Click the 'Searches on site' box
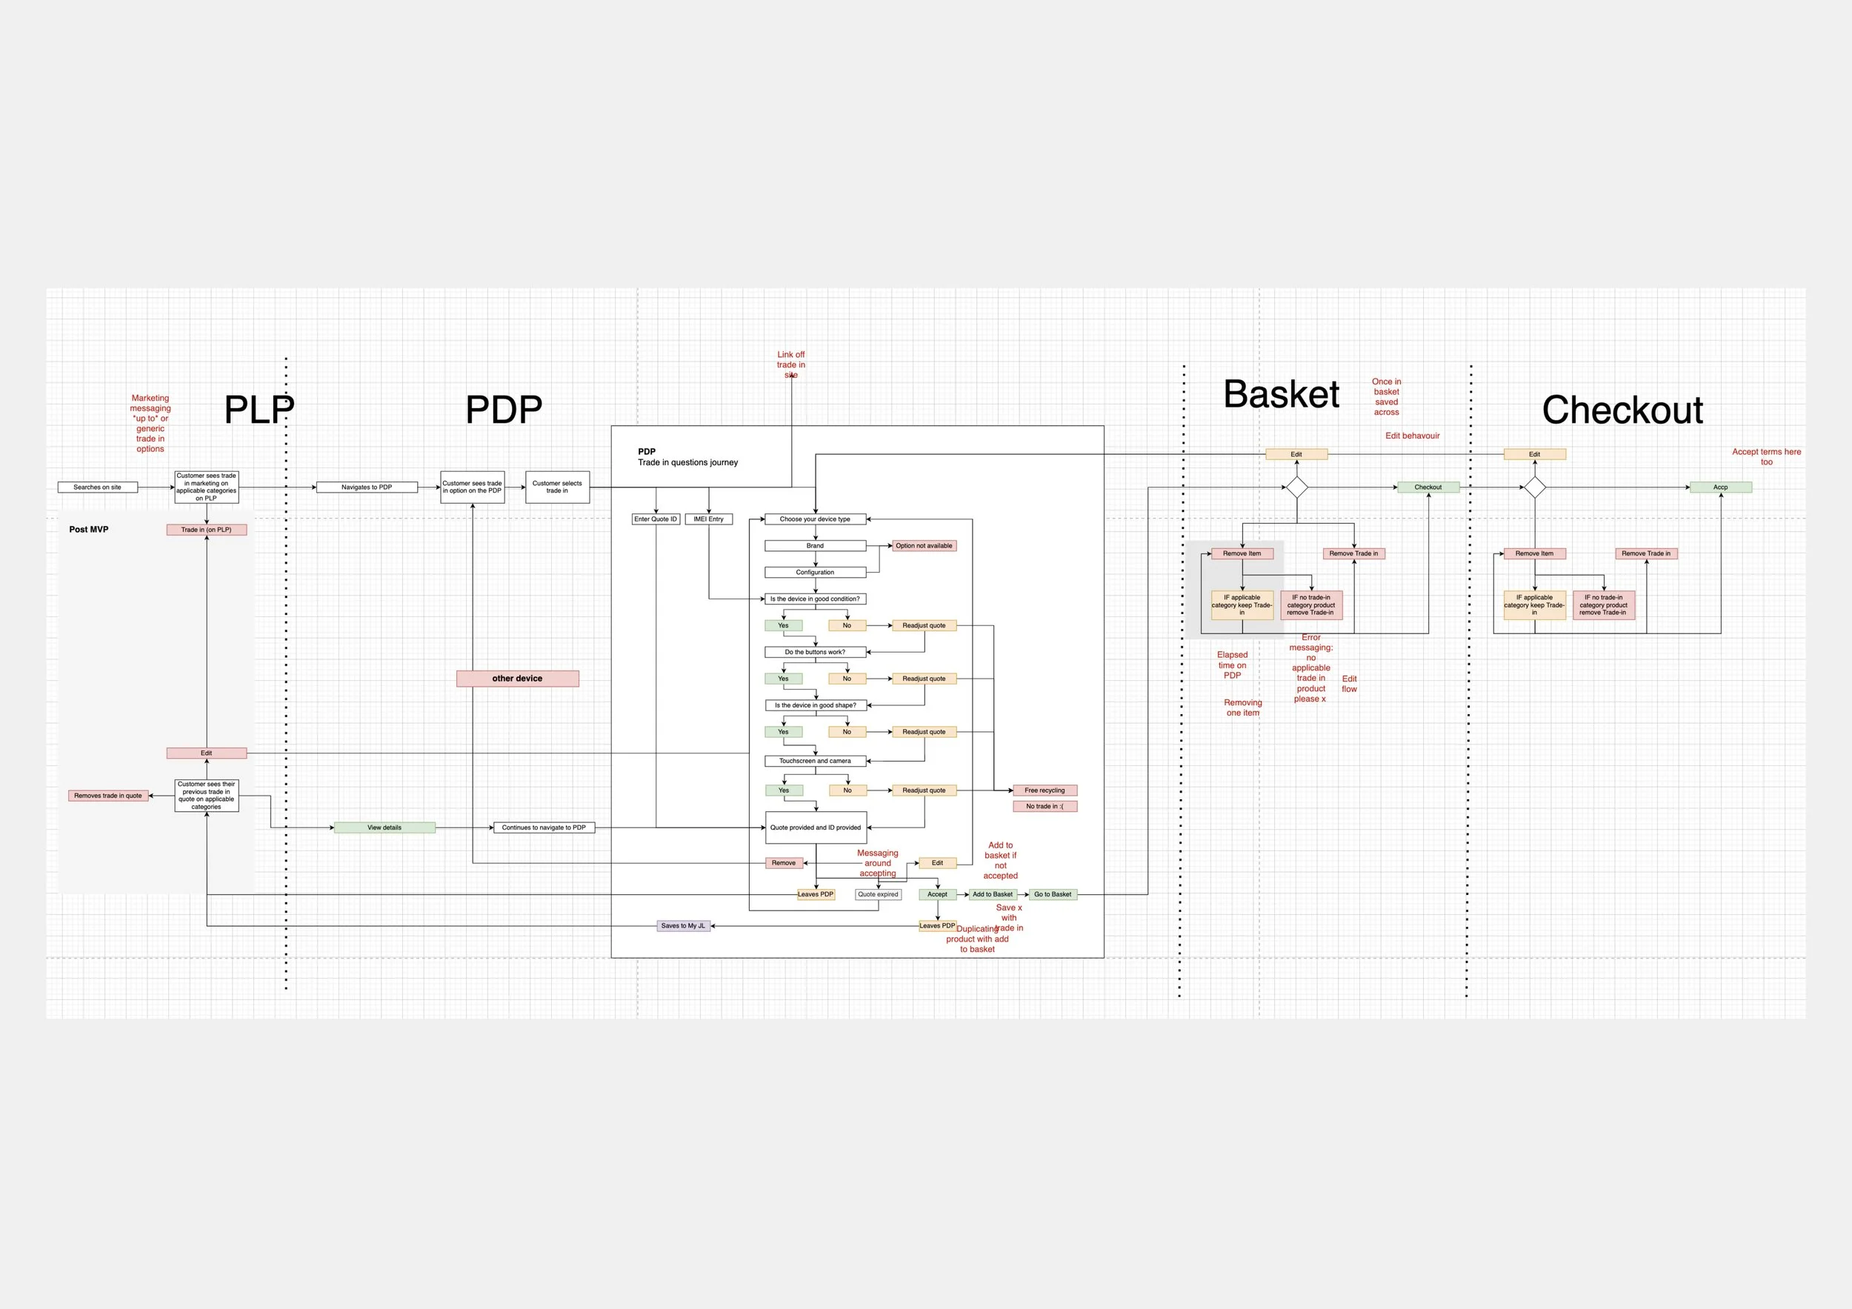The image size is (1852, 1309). [x=98, y=487]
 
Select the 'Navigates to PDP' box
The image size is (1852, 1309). [x=367, y=487]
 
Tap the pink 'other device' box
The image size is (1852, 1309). [x=518, y=679]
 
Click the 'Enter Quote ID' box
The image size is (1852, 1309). [x=656, y=519]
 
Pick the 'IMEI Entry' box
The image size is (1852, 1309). [x=709, y=519]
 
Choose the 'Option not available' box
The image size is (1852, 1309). [x=925, y=546]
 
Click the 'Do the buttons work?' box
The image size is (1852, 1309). [x=816, y=652]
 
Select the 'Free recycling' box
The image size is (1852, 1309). [x=1045, y=790]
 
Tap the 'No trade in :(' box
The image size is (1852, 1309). [x=1045, y=807]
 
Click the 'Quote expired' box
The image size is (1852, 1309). [x=879, y=894]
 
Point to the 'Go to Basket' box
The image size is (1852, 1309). [x=1053, y=894]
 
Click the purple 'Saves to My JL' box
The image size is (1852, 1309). [x=684, y=926]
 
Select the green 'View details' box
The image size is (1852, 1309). [x=384, y=827]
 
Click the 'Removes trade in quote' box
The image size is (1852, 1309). [x=108, y=796]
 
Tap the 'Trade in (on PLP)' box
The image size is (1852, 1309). [x=207, y=530]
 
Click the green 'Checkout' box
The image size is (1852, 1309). [x=1428, y=487]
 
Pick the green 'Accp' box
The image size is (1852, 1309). [x=1721, y=487]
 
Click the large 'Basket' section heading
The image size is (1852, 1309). [x=1281, y=394]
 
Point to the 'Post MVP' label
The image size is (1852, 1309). [x=89, y=530]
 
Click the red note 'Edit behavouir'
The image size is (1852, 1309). [x=1413, y=436]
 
